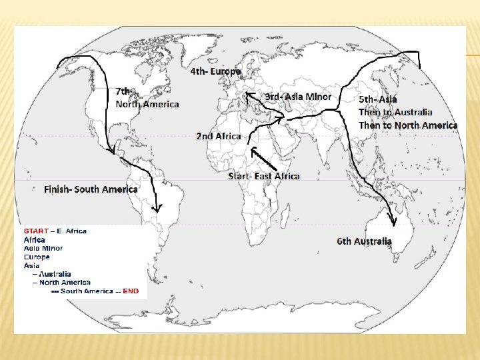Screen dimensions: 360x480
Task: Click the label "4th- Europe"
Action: click(x=215, y=71)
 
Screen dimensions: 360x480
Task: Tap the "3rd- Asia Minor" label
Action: click(x=297, y=96)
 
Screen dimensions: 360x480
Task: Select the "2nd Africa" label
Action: click(x=218, y=136)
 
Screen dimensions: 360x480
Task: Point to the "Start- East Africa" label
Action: click(x=263, y=176)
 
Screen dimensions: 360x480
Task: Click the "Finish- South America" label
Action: click(x=91, y=189)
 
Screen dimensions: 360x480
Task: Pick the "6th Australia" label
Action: click(x=364, y=241)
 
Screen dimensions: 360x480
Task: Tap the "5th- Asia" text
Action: click(x=377, y=99)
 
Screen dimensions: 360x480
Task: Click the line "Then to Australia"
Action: click(x=395, y=112)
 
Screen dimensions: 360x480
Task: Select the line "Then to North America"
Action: click(x=407, y=125)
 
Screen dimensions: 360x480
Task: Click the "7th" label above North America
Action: click(x=123, y=91)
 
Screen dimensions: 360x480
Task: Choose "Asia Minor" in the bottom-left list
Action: click(x=43, y=248)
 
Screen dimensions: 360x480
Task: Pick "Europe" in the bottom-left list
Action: click(x=37, y=257)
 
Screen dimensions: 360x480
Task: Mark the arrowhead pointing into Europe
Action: click(x=248, y=96)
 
